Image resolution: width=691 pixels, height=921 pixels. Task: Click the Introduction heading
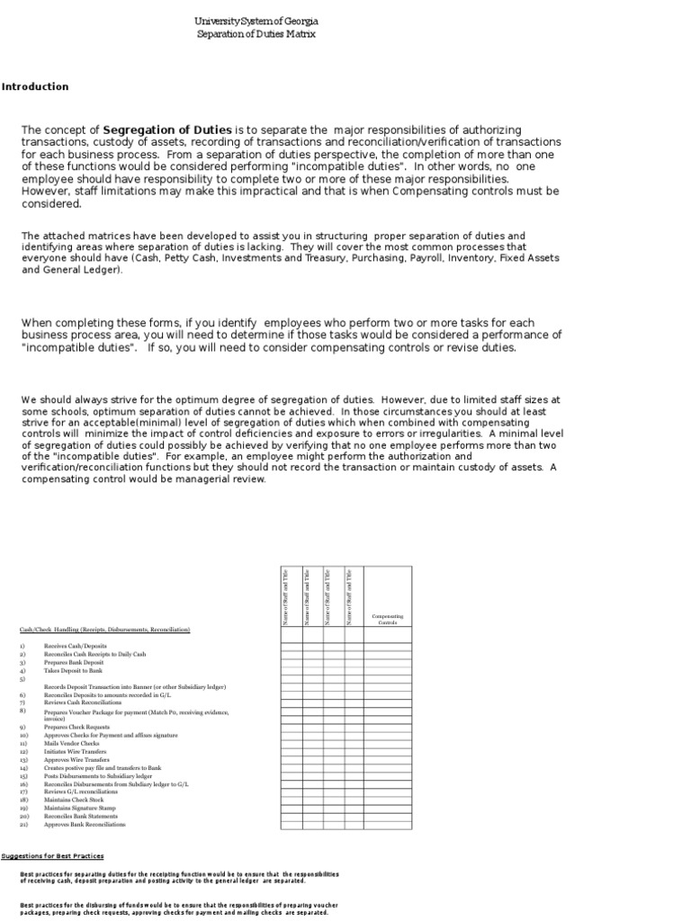point(35,87)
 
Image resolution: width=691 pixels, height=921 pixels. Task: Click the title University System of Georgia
point(256,21)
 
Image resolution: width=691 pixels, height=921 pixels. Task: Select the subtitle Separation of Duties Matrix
point(256,34)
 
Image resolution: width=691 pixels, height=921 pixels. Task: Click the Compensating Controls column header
point(387,620)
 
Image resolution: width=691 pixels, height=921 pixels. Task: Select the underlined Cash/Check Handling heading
point(105,630)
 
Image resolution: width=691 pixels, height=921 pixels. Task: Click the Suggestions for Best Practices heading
point(52,855)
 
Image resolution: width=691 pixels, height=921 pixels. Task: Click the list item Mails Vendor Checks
point(72,743)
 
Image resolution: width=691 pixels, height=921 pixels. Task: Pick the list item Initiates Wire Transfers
point(75,751)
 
